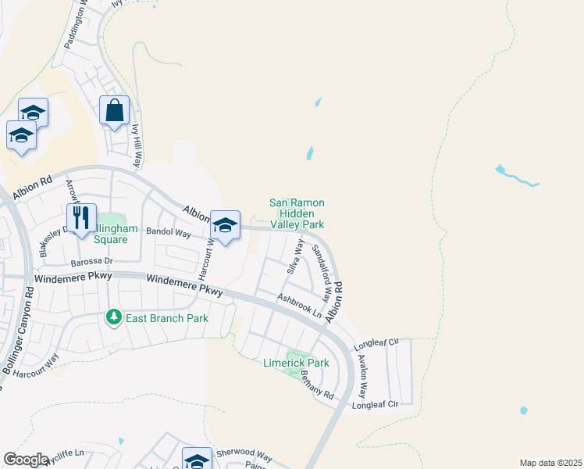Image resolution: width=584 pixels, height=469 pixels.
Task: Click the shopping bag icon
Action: point(114,111)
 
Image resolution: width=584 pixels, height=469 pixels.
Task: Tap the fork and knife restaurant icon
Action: point(81,219)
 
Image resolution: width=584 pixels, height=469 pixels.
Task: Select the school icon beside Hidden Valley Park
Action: point(225,227)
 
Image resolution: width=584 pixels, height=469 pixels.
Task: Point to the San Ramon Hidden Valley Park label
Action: point(297,213)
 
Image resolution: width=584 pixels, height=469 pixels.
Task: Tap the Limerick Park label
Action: point(295,363)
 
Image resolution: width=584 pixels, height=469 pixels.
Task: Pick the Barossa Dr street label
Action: point(92,261)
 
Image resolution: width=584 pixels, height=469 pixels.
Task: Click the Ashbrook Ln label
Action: point(301,305)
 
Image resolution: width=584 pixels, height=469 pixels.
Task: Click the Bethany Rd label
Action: point(318,385)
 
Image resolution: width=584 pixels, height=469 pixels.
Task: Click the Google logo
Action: point(26,460)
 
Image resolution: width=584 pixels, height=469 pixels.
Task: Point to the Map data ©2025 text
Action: point(550,463)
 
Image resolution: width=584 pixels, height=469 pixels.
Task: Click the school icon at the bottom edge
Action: point(197,460)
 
